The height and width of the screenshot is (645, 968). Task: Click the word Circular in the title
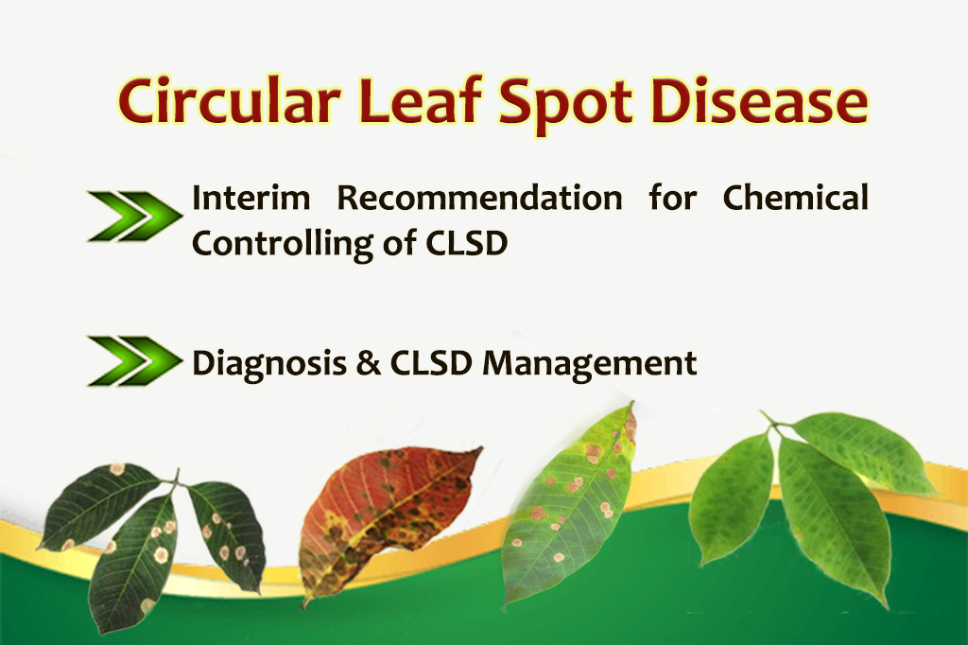click(229, 100)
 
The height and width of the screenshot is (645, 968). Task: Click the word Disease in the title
click(760, 100)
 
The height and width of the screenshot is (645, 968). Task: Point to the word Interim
click(251, 199)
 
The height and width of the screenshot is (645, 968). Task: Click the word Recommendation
click(479, 199)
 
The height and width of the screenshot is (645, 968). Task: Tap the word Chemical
click(796, 198)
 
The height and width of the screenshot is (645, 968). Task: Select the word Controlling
click(283, 244)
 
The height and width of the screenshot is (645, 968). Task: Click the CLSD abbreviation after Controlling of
click(467, 243)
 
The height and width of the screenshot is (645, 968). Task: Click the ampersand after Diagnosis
click(369, 362)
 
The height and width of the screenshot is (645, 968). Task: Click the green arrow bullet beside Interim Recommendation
click(135, 216)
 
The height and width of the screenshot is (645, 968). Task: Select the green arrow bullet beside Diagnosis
click(135, 361)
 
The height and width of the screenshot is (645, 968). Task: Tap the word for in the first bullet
click(673, 198)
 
